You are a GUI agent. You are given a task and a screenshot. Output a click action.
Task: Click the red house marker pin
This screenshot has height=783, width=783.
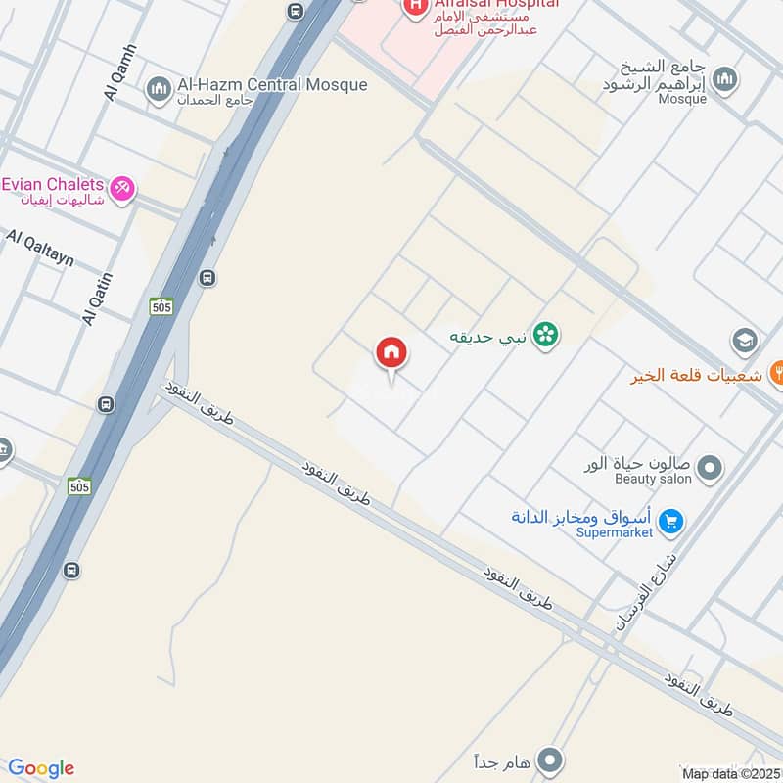point(391,353)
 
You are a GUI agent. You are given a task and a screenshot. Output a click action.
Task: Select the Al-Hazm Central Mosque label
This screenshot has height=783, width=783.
point(273,84)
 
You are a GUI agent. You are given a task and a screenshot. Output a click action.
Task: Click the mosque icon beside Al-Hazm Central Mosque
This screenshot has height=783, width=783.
point(160,92)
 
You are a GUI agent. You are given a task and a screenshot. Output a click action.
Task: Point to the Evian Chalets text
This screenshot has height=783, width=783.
point(53,184)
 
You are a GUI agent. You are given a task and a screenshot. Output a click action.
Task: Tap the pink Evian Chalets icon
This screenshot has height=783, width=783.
point(121,187)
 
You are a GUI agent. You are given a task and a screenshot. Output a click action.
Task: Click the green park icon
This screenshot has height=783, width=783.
point(546,336)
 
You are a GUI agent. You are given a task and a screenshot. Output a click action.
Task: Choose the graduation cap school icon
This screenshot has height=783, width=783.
point(745,342)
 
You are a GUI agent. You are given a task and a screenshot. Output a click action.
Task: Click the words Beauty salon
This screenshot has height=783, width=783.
point(653,479)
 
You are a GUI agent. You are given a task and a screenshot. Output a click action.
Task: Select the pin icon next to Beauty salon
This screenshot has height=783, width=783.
point(711,469)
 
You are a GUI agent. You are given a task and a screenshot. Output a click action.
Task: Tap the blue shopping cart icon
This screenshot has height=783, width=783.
point(670,522)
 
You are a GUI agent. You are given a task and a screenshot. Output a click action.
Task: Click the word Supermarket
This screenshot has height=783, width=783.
point(613,532)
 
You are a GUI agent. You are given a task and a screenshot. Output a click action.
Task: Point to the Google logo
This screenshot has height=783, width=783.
point(41,768)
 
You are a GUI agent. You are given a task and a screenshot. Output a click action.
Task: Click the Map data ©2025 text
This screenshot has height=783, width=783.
point(731,774)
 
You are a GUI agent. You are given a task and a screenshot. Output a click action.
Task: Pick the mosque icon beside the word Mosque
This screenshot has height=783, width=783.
point(725,80)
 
